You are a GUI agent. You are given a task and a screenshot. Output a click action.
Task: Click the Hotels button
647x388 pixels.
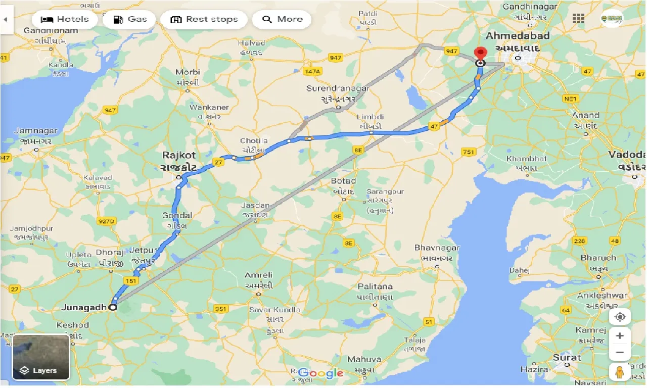click(64, 20)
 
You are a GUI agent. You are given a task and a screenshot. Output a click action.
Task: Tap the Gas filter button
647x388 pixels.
click(130, 20)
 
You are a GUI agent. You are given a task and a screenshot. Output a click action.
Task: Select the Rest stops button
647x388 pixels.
click(204, 20)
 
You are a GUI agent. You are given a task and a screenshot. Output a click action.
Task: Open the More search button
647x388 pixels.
click(283, 20)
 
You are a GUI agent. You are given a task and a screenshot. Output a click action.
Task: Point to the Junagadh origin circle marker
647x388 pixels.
click(113, 307)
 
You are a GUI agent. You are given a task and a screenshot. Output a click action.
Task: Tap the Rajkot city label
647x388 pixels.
click(179, 155)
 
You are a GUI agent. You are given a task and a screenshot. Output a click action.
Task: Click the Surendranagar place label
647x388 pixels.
click(338, 88)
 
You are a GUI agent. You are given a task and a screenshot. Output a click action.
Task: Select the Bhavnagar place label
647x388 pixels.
click(437, 248)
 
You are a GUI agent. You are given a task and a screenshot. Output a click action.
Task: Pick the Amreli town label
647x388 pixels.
click(258, 275)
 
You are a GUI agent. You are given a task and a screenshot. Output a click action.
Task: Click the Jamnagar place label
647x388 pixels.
click(35, 131)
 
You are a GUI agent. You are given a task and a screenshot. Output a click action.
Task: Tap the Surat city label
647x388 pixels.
click(567, 358)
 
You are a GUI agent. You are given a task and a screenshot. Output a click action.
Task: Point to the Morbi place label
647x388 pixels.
click(188, 72)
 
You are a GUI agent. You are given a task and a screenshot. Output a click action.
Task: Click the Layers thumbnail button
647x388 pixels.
click(41, 357)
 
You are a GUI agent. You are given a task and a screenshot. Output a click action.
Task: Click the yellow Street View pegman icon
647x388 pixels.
click(620, 371)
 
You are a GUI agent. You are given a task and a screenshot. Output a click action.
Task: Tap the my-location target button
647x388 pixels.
click(620, 317)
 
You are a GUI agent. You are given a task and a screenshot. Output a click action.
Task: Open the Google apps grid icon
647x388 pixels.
click(578, 19)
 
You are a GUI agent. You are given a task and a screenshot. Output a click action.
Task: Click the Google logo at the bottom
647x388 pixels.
click(320, 373)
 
